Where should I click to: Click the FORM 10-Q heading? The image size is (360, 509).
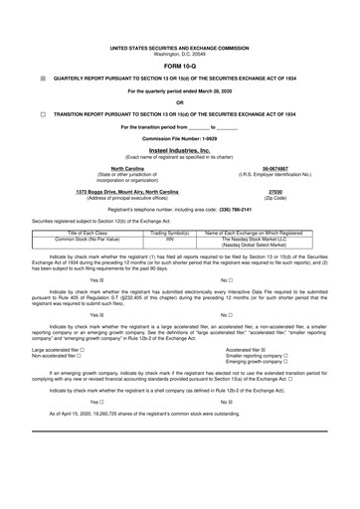pyautogui.click(x=179, y=68)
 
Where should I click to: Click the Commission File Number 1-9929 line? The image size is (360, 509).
pyautogui.click(x=179, y=137)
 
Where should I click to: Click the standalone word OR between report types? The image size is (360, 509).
pyautogui.click(x=179, y=101)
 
